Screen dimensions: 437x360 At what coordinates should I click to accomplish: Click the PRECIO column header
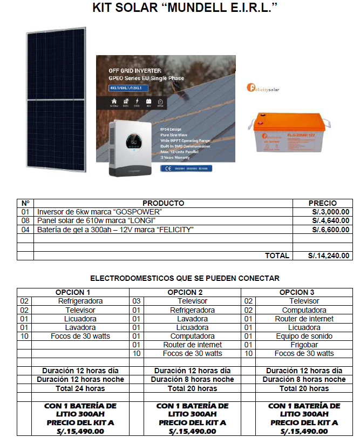click(322, 203)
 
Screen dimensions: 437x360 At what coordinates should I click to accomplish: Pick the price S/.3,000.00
click(330, 212)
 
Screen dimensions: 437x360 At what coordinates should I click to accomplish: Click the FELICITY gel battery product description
click(115, 230)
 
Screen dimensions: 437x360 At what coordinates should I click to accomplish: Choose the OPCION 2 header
click(192, 292)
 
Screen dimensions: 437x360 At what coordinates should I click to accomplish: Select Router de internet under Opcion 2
click(192, 345)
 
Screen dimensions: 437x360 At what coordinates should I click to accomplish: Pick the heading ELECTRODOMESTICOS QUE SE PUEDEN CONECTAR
click(185, 278)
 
